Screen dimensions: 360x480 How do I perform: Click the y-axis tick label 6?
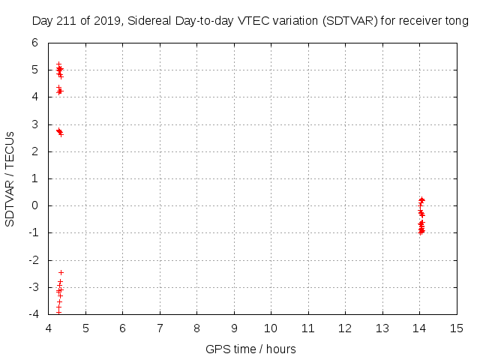click(x=34, y=43)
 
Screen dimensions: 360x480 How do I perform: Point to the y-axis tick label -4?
click(x=32, y=314)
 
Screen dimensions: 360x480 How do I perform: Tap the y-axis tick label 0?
click(x=34, y=205)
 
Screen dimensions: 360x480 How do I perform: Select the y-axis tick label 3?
click(x=34, y=124)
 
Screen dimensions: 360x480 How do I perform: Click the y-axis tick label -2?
click(x=32, y=260)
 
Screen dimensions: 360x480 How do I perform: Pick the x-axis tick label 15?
click(x=457, y=328)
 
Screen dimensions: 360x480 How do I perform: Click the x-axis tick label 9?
click(x=234, y=328)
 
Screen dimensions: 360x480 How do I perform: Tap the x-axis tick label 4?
click(x=49, y=328)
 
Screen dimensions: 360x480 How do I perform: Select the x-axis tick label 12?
click(x=346, y=328)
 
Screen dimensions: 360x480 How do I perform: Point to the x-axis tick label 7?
click(x=160, y=328)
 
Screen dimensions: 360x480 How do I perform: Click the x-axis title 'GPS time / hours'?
click(x=250, y=349)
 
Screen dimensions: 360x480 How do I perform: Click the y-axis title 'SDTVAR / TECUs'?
click(x=10, y=178)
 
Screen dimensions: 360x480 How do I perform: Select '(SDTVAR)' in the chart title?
click(x=349, y=22)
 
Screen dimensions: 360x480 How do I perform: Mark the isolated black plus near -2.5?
click(x=61, y=272)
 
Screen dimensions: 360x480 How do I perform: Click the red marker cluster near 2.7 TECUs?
click(x=59, y=131)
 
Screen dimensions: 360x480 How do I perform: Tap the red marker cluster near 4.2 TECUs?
click(x=59, y=91)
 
